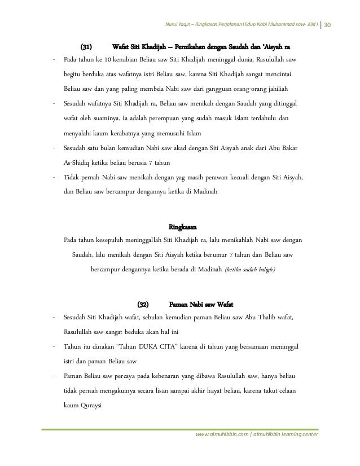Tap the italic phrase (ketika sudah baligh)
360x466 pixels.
pyautogui.click(x=251, y=269)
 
